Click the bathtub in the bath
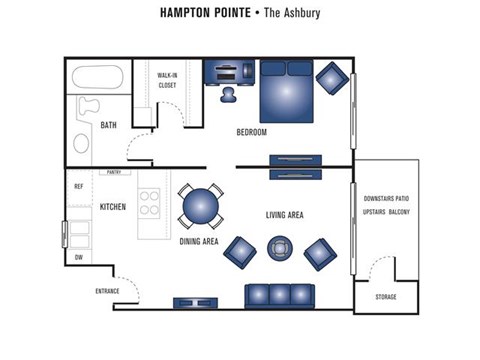point(98,77)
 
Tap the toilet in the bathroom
point(88,105)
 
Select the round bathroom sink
point(81,143)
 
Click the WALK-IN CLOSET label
point(167,80)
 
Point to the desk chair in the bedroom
point(228,95)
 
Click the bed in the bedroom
point(286,91)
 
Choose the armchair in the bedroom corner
point(332,78)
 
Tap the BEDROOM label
point(252,132)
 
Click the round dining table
point(201,206)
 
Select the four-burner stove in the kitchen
point(149,203)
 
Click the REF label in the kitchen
point(79,186)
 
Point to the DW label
point(79,257)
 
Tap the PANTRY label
point(114,172)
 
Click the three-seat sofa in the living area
point(279,296)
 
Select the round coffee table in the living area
point(280,248)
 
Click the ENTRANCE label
point(107,291)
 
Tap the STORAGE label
point(386,297)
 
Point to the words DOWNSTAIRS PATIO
point(386,199)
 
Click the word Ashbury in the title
point(302,13)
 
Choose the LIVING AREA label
point(285,215)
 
